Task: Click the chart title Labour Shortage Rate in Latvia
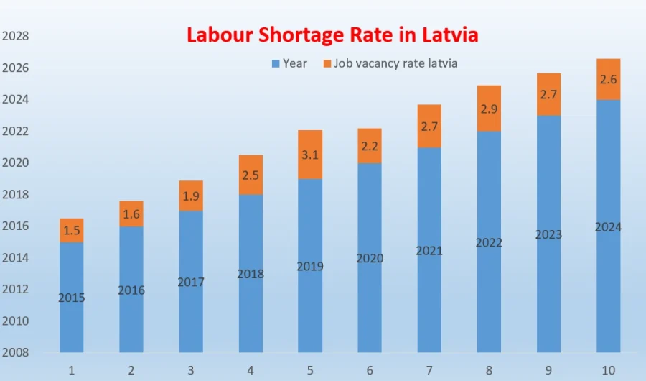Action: coord(332,35)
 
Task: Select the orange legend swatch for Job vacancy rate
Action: coord(328,64)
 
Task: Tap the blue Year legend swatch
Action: coord(276,64)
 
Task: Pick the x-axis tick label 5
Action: coord(310,370)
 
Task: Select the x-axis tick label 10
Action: coord(608,370)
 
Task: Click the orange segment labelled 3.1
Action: coord(310,155)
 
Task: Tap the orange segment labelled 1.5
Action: coord(72,230)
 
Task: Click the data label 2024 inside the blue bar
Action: coord(609,227)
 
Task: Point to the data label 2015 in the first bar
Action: coord(72,298)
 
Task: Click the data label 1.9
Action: coord(191,196)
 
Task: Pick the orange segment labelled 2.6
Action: coord(609,79)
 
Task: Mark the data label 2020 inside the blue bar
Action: coord(370,258)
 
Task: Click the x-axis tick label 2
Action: coord(131,370)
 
